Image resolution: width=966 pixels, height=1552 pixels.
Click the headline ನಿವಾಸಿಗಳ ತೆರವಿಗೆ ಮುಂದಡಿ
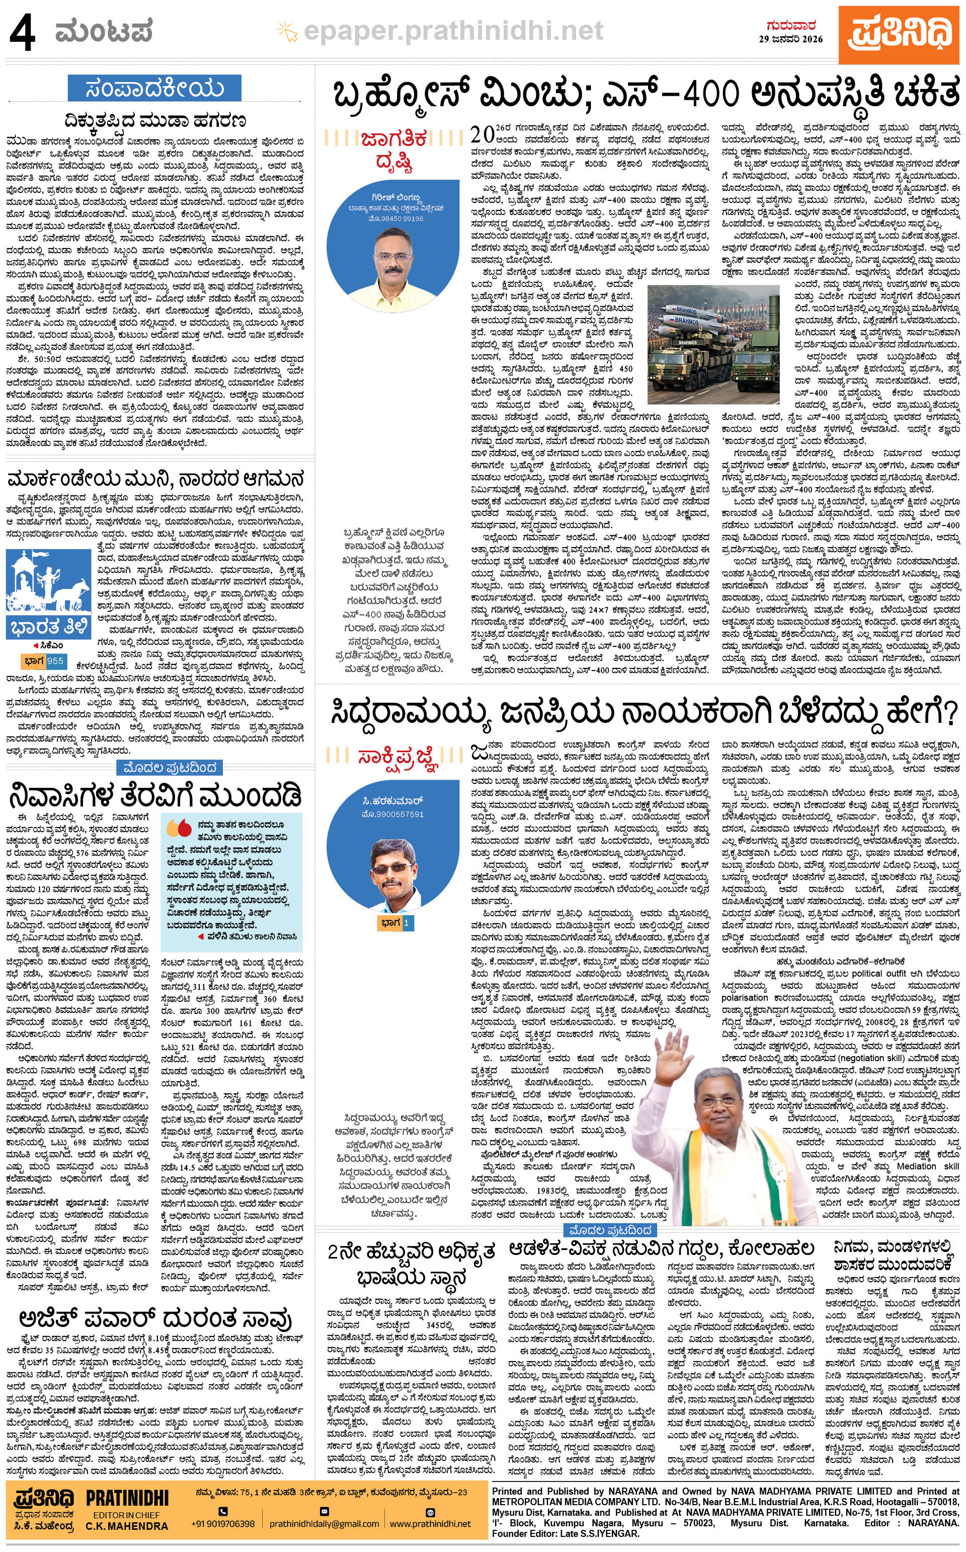coord(154,795)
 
